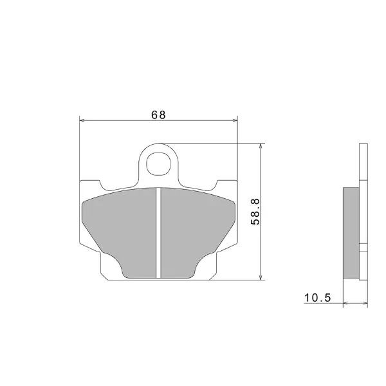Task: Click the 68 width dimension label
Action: (158, 115)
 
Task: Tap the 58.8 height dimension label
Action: (255, 212)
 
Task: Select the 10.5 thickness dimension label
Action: (318, 298)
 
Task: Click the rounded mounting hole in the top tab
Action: (158, 163)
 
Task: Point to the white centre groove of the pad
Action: (158, 233)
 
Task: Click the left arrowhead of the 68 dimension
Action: (82, 120)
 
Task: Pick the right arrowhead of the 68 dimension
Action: (235, 120)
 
